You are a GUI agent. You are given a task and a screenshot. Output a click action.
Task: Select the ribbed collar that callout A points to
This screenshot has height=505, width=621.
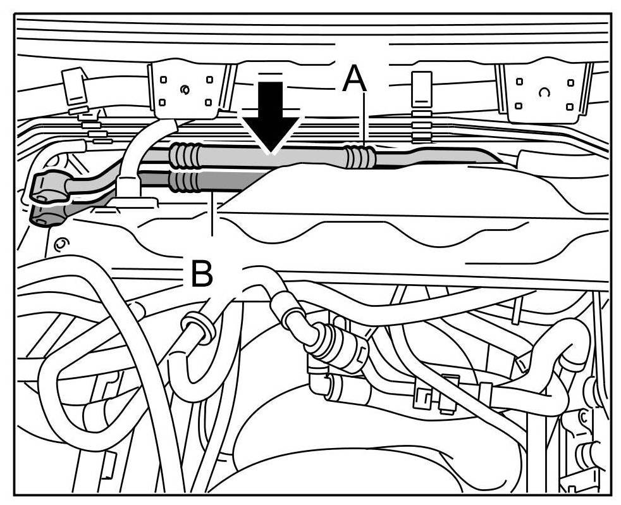click(x=359, y=157)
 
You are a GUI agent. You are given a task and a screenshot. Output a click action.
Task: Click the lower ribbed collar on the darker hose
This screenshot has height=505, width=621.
click(x=185, y=181)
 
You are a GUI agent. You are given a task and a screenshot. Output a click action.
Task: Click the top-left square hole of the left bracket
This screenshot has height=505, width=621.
click(x=163, y=80)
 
